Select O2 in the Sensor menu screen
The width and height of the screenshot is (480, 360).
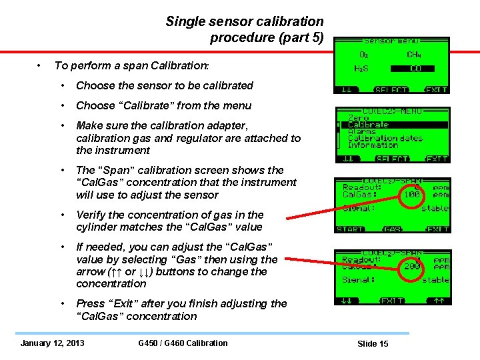363,55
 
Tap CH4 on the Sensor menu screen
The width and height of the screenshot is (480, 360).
414,55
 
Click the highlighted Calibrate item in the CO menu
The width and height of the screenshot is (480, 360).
368,125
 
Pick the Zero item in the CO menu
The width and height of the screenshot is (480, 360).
358,118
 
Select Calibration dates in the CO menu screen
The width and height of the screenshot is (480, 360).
385,138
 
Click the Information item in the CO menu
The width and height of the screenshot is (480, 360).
373,145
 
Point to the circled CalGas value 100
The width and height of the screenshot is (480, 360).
411,195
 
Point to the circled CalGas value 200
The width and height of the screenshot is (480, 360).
411,266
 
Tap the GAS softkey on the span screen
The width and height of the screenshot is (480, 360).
392,229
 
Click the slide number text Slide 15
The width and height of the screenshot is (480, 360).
373,343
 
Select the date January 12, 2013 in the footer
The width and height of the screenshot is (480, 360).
53,343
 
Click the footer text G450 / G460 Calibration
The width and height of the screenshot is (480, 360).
183,343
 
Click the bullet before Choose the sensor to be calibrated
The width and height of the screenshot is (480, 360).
62,85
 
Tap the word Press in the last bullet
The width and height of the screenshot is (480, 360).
90,303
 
